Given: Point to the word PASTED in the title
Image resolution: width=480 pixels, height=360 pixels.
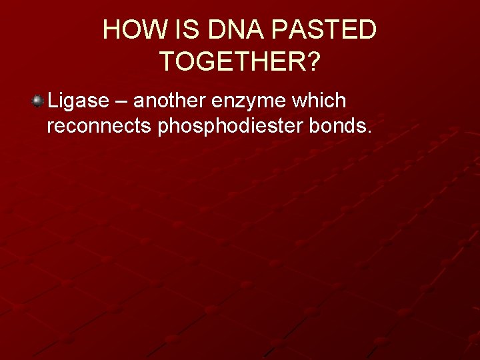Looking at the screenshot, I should point(326,30).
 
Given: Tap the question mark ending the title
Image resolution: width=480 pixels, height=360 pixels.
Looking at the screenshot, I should point(313,62).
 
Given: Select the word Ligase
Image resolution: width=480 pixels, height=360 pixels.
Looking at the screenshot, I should point(78,101).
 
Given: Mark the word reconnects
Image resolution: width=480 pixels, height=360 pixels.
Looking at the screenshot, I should point(99,127).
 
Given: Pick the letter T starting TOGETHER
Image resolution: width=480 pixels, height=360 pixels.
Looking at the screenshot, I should point(167,62).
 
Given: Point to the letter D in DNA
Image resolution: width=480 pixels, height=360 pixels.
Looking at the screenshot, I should point(216,30).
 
